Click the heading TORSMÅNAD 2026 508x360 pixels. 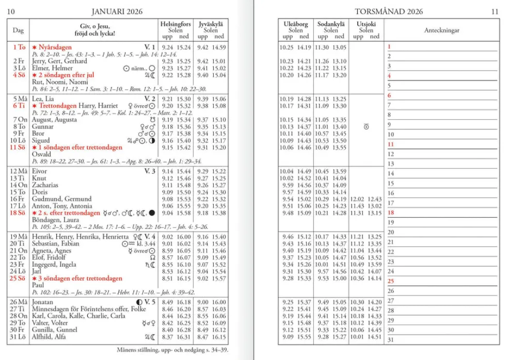click(x=389, y=11)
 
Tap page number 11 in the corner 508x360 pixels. click(x=495, y=11)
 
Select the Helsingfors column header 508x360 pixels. click(x=175, y=24)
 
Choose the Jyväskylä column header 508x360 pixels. click(x=211, y=24)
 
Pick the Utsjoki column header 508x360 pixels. click(x=366, y=24)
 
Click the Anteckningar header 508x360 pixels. click(x=441, y=30)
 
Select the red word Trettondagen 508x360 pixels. click(x=57, y=106)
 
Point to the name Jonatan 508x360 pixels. click(x=42, y=302)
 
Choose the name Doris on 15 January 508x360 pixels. click(x=40, y=192)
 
